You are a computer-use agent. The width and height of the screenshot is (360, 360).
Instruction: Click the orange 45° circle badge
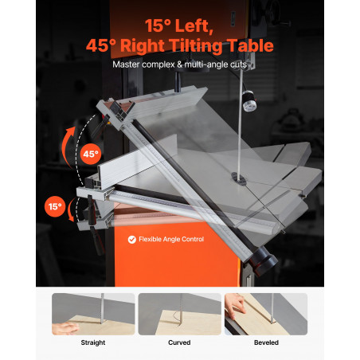(x=91, y=154)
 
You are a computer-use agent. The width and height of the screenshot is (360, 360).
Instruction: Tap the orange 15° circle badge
(x=55, y=206)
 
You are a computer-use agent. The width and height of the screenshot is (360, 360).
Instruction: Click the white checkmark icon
(x=132, y=240)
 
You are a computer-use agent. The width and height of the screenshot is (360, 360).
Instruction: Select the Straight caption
(x=93, y=342)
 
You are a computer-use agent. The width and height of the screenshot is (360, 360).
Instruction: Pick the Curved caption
(x=179, y=342)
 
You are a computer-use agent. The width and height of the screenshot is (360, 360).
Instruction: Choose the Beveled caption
(x=266, y=342)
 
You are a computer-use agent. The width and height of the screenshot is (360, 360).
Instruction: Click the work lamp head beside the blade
(x=249, y=100)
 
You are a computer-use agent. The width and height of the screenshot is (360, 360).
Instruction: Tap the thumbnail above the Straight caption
(x=93, y=314)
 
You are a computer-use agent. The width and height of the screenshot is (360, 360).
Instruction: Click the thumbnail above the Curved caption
(x=180, y=314)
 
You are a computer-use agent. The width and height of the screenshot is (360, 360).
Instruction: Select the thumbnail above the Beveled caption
(x=266, y=314)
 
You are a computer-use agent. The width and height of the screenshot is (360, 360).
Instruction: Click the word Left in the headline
(x=194, y=26)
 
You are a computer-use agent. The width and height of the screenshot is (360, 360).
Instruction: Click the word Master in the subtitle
(x=127, y=65)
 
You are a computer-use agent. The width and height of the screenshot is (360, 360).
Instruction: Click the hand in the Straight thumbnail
(x=65, y=329)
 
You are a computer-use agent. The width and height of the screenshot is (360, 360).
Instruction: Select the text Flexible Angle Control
(x=171, y=239)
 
